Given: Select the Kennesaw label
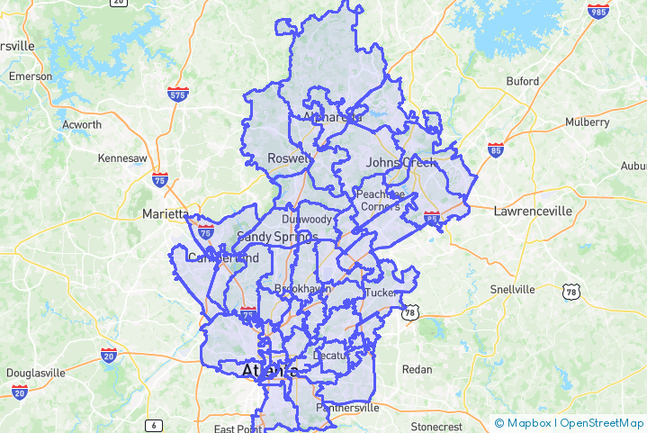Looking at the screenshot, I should (121, 158).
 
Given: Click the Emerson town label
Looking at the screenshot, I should (31, 77).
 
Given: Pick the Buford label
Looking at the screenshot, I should (522, 81).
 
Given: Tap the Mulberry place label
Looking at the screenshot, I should (587, 122).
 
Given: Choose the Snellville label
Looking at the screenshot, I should (512, 289).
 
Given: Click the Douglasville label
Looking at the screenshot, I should (36, 373).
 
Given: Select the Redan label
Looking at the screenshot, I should (417, 369).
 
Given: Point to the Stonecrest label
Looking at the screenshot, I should (436, 426).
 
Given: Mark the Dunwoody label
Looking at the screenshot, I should (307, 219).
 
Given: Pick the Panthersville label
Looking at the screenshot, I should (347, 408).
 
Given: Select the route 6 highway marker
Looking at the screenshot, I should (155, 425).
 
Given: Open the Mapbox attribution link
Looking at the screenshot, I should (523, 423).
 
